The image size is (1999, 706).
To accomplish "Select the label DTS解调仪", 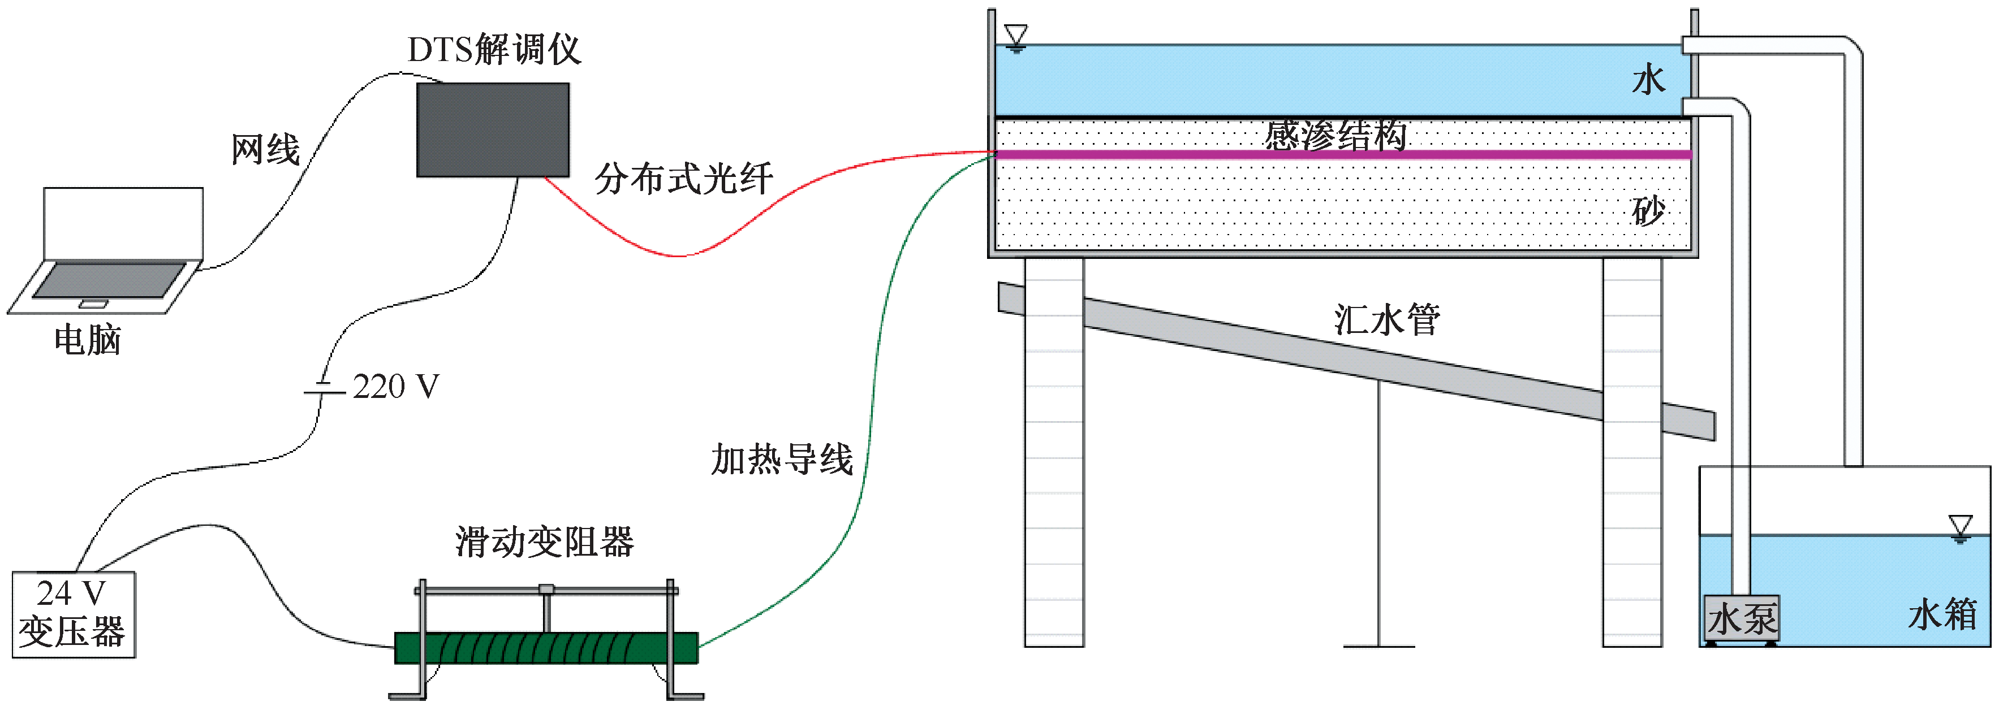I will pos(494,50).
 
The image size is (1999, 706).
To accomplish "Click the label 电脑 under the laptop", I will pos(88,340).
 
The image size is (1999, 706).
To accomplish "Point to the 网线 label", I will pos(265,149).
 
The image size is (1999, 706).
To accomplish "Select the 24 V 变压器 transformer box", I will pos(74,614).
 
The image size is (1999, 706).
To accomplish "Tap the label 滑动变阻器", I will pos(544,542).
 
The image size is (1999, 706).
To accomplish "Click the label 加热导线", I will pos(782,460).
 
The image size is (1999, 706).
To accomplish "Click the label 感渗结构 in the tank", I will pos(1335,136).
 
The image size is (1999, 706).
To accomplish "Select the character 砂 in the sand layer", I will pos(1648,211).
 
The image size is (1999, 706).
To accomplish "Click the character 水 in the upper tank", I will pos(1648,80).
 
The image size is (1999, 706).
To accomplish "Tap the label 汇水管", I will pos(1387,319).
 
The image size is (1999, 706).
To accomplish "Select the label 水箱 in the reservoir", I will pos(1942,615).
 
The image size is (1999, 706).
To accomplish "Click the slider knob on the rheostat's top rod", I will pos(546,590).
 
